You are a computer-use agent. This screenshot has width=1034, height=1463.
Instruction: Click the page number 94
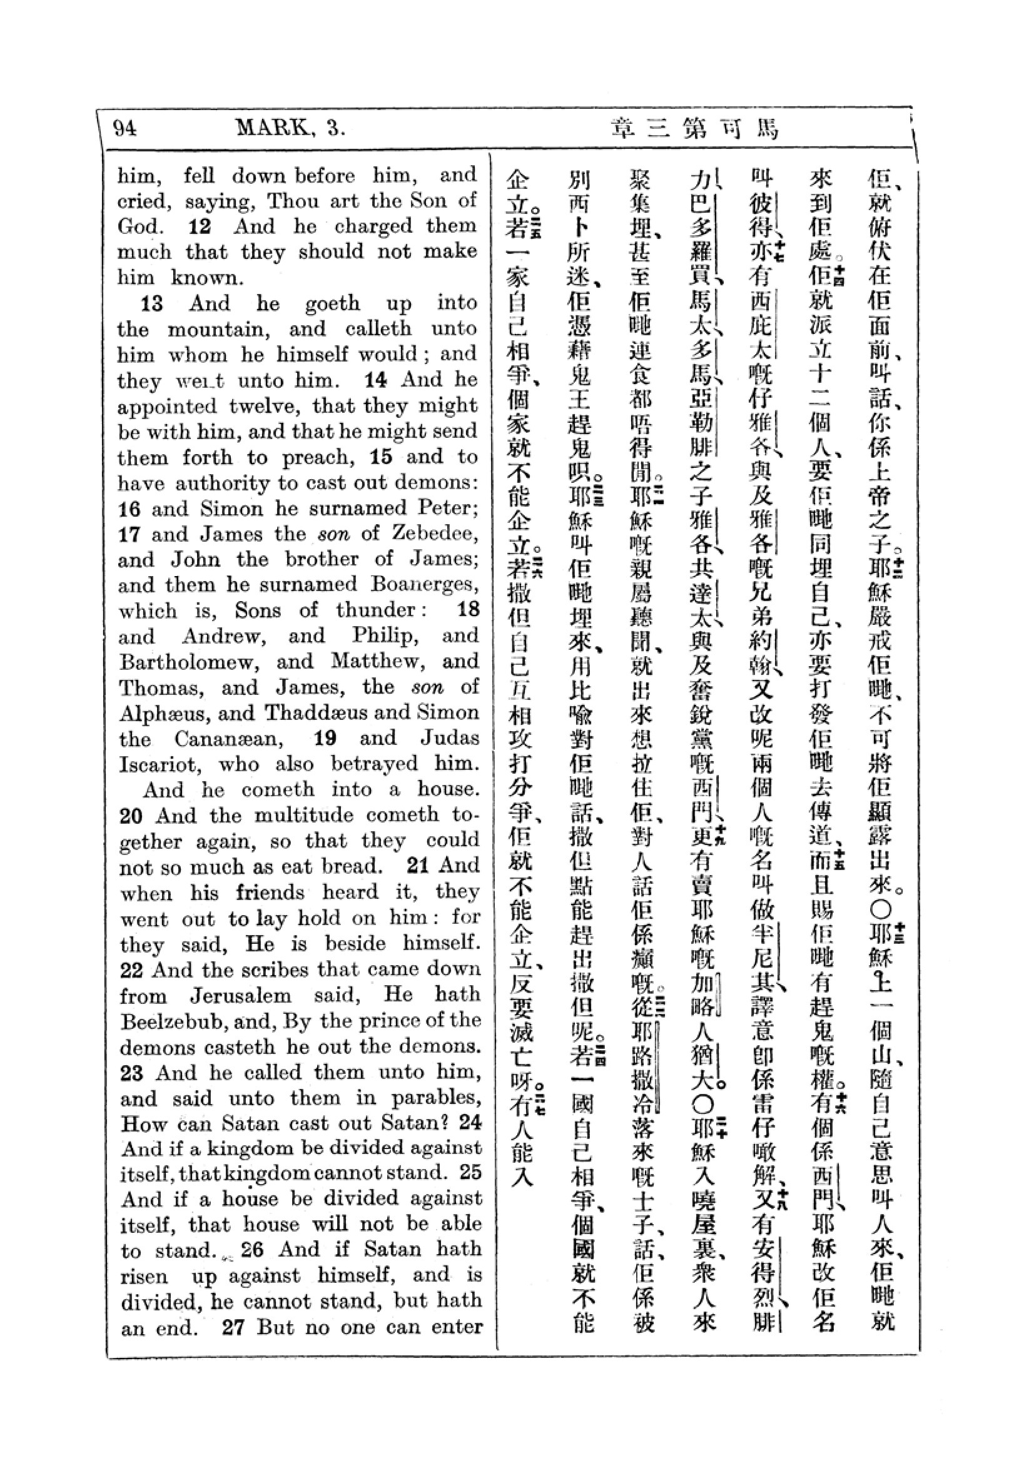125,129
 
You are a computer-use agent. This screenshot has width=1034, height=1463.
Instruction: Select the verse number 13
151,304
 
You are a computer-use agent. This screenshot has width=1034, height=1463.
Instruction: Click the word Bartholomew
189,662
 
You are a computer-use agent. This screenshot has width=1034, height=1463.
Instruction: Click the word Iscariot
163,764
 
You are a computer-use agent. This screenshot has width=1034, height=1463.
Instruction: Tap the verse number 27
233,1329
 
